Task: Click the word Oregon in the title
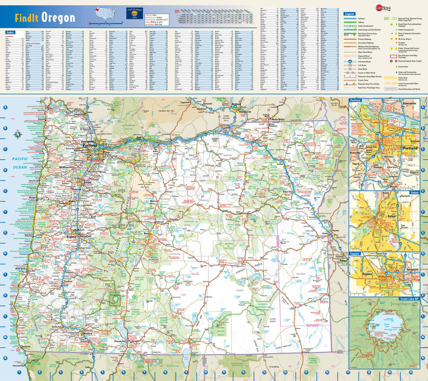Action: click(58, 17)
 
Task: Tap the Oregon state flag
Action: click(134, 14)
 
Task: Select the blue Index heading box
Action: click(10, 32)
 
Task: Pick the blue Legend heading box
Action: click(349, 14)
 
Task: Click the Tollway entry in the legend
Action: click(361, 22)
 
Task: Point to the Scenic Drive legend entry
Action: click(363, 80)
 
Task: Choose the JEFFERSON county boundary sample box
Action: click(391, 89)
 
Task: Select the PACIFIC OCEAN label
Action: click(20, 163)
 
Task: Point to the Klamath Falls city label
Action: click(119, 341)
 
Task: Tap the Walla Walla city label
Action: click(278, 119)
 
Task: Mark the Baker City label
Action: click(288, 192)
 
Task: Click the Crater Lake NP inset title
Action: click(409, 299)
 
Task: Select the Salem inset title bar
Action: click(414, 193)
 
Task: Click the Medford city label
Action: click(88, 333)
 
